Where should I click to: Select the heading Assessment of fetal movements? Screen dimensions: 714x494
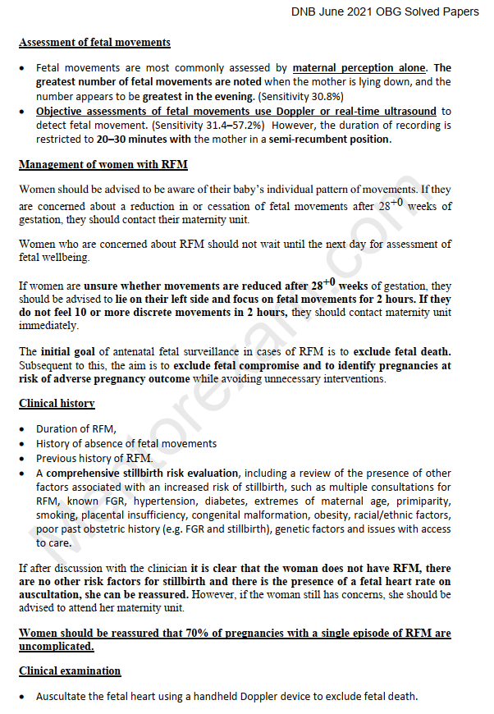(94, 43)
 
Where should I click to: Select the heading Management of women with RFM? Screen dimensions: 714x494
(103, 165)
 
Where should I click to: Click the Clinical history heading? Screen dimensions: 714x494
(57, 404)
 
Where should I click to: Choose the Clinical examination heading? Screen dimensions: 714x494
(70, 671)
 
